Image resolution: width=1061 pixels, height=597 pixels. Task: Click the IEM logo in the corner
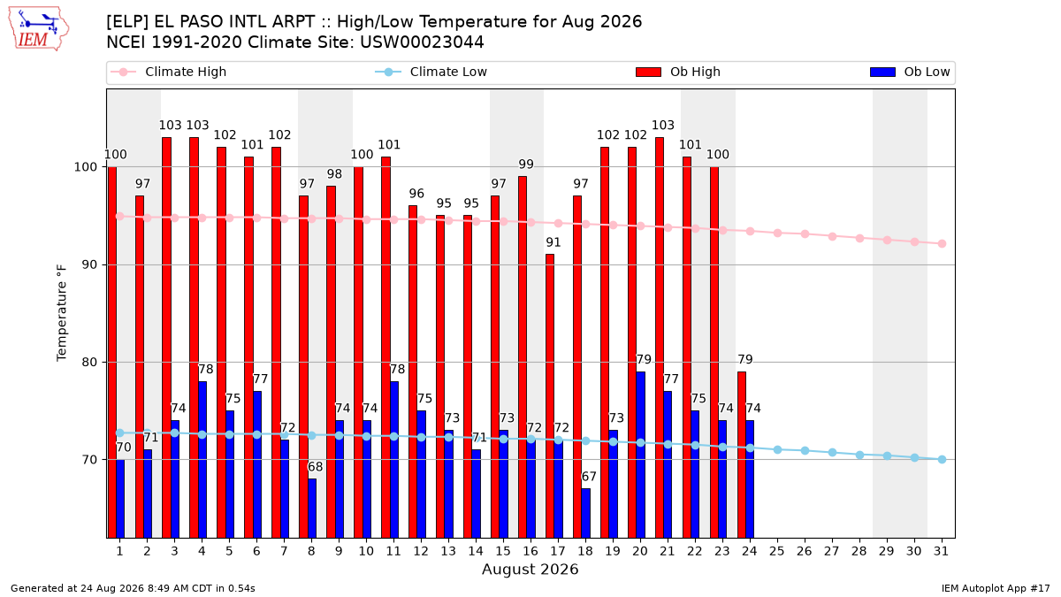(x=38, y=28)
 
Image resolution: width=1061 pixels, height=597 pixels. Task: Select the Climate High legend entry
(x=168, y=72)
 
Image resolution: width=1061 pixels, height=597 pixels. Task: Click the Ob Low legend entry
(x=910, y=72)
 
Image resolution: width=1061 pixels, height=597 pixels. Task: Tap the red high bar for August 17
(x=549, y=396)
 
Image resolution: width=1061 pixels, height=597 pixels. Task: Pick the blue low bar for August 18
(x=586, y=513)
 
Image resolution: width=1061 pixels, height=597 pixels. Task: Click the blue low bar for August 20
(x=640, y=455)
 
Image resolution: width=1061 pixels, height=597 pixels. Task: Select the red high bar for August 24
(x=742, y=455)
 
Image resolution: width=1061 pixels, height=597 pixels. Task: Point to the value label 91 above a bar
(x=553, y=242)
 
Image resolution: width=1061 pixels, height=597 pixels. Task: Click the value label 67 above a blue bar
(x=589, y=477)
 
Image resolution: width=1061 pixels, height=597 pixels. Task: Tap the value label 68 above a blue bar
(x=315, y=467)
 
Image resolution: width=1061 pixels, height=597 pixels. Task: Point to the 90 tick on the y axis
(x=89, y=264)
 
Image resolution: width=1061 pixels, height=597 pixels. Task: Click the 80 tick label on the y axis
(x=89, y=363)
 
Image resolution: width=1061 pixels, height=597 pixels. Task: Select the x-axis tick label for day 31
(x=941, y=552)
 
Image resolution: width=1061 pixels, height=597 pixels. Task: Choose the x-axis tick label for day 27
(x=832, y=552)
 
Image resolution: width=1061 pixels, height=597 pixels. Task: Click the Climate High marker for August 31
(x=943, y=243)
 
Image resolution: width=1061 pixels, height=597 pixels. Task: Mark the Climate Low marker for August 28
(x=859, y=455)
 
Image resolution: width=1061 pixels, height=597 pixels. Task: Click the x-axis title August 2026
(x=530, y=569)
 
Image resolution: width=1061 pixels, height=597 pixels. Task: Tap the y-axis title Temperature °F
(x=62, y=314)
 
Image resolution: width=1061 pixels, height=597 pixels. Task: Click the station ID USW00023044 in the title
(x=422, y=42)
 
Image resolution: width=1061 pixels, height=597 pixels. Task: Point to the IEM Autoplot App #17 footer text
(x=996, y=588)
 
